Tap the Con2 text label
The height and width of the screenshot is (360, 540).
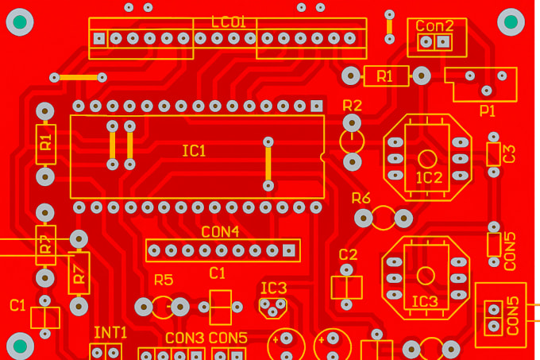[x=435, y=25]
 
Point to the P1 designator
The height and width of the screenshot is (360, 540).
[x=488, y=111]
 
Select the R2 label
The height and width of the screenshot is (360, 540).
[x=352, y=105]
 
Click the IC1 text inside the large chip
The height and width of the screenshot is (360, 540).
[x=194, y=151]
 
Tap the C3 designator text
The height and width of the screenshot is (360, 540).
[x=510, y=153]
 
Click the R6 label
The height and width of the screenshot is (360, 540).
[x=361, y=198]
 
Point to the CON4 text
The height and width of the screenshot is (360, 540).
[x=220, y=232]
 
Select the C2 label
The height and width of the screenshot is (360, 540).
[x=348, y=254]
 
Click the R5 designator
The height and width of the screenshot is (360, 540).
[x=164, y=280]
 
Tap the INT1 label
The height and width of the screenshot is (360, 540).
[x=110, y=332]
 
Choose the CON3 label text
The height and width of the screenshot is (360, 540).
[x=184, y=338]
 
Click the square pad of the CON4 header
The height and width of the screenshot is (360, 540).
[x=289, y=250]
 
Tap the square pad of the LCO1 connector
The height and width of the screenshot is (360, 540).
[x=98, y=38]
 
